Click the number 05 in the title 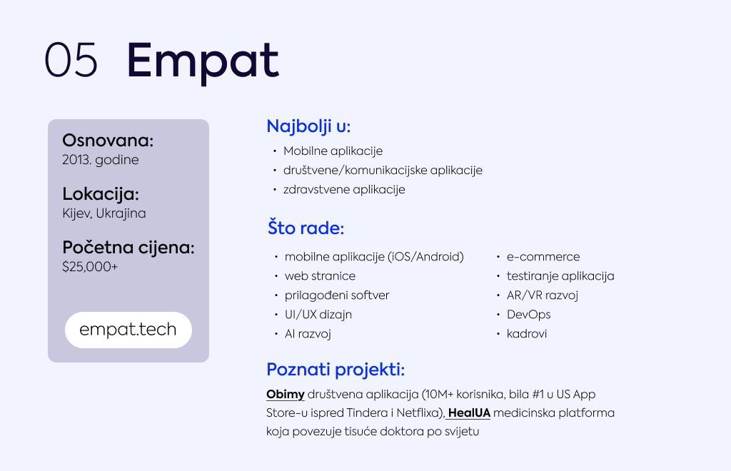(x=71, y=60)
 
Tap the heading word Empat (x=203, y=62)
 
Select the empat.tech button (x=128, y=330)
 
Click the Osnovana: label (x=108, y=140)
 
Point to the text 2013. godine (x=101, y=161)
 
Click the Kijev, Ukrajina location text (x=104, y=213)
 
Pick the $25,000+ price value (x=90, y=267)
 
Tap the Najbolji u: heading (x=308, y=126)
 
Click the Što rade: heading (x=306, y=228)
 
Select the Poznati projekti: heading (x=336, y=370)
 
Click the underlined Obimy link (x=286, y=395)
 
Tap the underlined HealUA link (x=469, y=413)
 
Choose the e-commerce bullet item (x=543, y=257)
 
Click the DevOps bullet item (x=529, y=315)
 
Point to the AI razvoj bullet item (x=308, y=334)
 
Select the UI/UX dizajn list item (x=318, y=315)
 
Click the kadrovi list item (x=527, y=333)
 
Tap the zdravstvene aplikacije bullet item (x=344, y=190)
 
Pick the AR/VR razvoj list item (x=543, y=295)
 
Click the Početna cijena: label (x=128, y=248)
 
